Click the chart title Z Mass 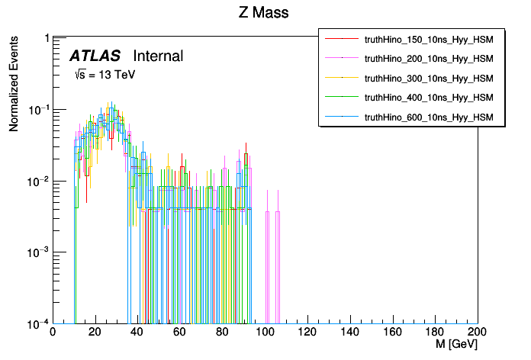click(264, 12)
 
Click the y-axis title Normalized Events click(14, 82)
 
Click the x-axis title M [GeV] click(456, 345)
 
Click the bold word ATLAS click(95, 56)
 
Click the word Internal click(158, 56)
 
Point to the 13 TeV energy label click(104, 75)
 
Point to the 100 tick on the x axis click(265, 332)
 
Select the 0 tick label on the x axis click(52, 332)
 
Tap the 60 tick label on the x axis click(180, 332)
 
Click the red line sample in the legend click(342, 38)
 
